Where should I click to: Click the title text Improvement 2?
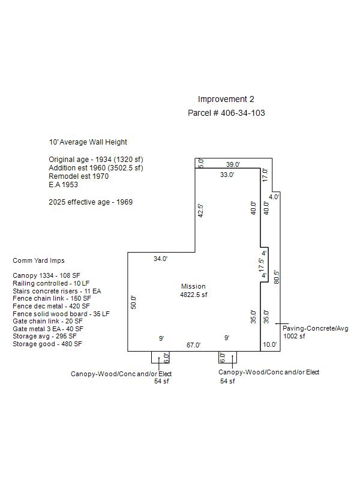pos(226,99)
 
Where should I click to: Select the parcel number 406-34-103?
pos(243,113)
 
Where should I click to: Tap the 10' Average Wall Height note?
pos(88,142)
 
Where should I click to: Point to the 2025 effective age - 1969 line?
pos(91,202)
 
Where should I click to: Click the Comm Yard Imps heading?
pos(38,260)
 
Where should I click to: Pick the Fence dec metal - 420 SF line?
pos(51,306)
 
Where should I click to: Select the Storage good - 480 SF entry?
pos(47,344)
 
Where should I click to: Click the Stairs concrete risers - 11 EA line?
pos(57,291)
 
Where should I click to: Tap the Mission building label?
pos(193,286)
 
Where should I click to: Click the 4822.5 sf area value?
pos(193,295)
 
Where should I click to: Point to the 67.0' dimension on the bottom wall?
pos(193,345)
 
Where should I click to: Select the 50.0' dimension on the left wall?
pos(133,302)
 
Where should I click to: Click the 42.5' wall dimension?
pos(200,211)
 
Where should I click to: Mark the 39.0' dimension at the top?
pos(233,164)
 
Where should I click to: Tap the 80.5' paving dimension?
pos(277,277)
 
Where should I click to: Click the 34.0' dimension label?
pos(160,259)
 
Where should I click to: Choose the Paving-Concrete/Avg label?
pos(316,328)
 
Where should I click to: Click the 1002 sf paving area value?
pos(294,336)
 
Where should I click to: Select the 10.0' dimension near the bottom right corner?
pos(269,344)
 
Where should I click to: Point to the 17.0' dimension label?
pos(265,175)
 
